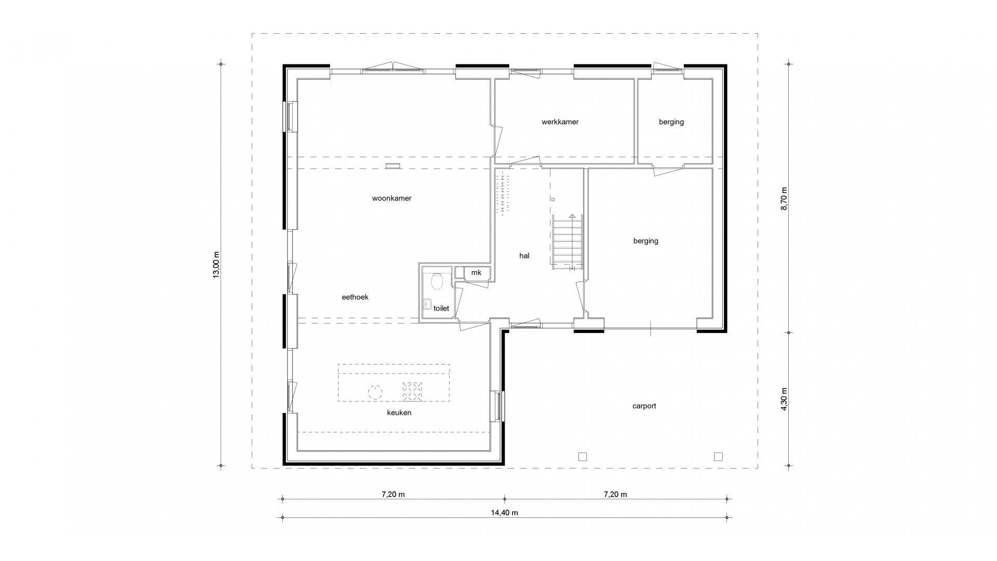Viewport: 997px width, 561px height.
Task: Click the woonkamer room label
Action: pyautogui.click(x=392, y=198)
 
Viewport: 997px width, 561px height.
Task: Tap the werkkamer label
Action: pyautogui.click(x=560, y=122)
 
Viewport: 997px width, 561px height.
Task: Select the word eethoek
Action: pyautogui.click(x=355, y=297)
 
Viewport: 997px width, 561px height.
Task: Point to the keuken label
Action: pyautogui.click(x=399, y=412)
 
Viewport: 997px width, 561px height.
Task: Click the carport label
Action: pyautogui.click(x=644, y=406)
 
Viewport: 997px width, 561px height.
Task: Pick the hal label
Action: pyautogui.click(x=524, y=256)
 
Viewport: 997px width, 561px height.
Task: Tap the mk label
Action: pyautogui.click(x=476, y=273)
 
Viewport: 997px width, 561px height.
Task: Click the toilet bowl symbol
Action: pyautogui.click(x=436, y=281)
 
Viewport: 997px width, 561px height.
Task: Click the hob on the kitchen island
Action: pyautogui.click(x=412, y=391)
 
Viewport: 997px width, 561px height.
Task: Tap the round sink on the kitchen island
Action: pyautogui.click(x=375, y=391)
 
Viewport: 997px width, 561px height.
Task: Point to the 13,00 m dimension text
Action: pyautogui.click(x=217, y=265)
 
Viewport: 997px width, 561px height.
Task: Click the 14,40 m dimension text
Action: pyautogui.click(x=504, y=513)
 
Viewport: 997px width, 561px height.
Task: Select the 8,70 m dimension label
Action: pyautogui.click(x=784, y=198)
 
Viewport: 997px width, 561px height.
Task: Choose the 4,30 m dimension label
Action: pyautogui.click(x=784, y=399)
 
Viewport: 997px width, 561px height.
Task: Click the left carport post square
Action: pyautogui.click(x=583, y=457)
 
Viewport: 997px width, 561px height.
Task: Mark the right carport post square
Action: pyautogui.click(x=718, y=457)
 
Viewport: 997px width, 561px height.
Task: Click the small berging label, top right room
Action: pyautogui.click(x=671, y=122)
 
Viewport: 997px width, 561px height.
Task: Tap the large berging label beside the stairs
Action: pyautogui.click(x=646, y=241)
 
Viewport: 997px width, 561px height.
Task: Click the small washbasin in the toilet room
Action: pyautogui.click(x=428, y=304)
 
